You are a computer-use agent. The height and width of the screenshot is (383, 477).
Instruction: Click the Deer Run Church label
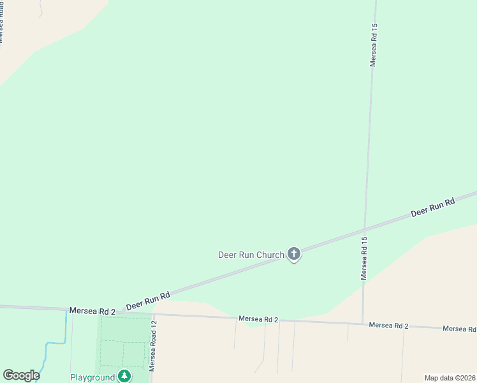click(251, 255)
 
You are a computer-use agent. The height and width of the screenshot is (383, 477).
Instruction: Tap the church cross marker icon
click(294, 254)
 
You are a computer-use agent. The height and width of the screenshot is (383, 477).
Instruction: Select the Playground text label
click(92, 377)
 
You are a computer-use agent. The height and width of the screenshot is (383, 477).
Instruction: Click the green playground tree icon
click(124, 376)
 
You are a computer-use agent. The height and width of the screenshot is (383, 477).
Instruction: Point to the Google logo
click(21, 375)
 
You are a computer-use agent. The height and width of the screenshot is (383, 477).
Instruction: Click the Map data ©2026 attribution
click(450, 378)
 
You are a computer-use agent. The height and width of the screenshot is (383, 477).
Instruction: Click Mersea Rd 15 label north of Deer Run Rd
click(374, 45)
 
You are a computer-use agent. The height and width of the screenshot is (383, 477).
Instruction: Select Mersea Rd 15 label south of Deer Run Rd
click(364, 259)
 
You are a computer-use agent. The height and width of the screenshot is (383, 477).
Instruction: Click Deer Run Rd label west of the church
click(148, 301)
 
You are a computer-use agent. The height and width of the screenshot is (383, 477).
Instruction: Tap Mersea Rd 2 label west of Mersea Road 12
click(92, 311)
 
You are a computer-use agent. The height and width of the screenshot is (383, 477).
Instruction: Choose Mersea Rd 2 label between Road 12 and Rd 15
click(258, 319)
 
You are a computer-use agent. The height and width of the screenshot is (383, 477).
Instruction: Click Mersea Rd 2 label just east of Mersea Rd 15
click(388, 325)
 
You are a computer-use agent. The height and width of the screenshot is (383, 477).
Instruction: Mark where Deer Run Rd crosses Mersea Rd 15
click(365, 229)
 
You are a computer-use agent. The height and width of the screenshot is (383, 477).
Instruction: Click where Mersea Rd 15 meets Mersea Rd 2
click(363, 324)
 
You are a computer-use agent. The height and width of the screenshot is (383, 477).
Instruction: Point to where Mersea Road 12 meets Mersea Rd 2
click(153, 314)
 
